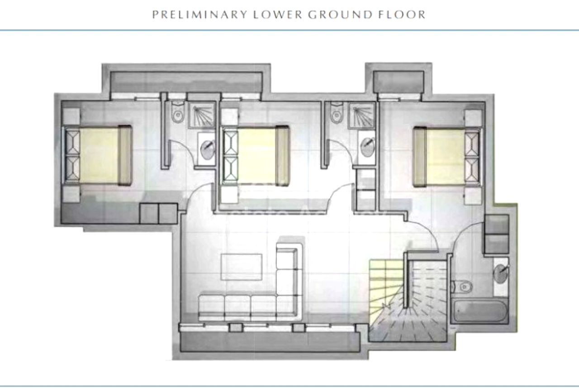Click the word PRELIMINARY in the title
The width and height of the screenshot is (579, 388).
(199, 14)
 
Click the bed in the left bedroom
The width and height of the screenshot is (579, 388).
(100, 155)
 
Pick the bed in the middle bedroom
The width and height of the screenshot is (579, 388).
(256, 155)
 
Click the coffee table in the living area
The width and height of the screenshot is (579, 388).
(241, 267)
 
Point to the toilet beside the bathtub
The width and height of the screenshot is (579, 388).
(462, 286)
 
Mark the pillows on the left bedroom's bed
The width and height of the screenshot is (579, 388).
(72, 156)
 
